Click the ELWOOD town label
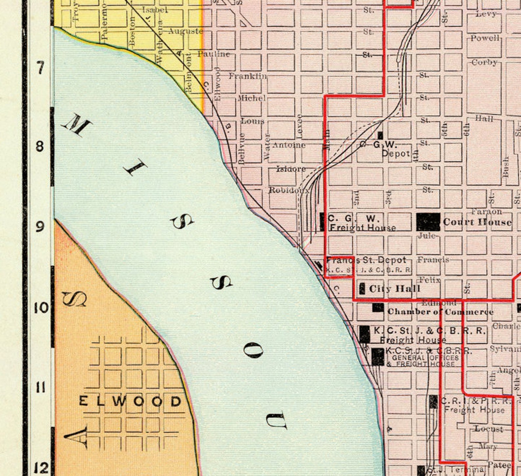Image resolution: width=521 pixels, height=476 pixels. [x=130, y=401]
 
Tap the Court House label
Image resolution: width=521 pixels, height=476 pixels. [x=477, y=222]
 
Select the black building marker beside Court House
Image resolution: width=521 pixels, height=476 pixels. [x=428, y=222]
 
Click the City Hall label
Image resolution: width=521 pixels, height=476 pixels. [x=394, y=289]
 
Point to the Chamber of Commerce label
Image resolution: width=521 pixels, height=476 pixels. [x=440, y=312]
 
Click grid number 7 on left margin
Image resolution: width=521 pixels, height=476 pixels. [x=40, y=68]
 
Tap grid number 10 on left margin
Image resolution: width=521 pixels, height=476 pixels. [x=41, y=308]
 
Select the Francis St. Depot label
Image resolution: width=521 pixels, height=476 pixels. [x=366, y=261]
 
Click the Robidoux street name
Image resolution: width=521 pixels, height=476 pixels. [x=289, y=190]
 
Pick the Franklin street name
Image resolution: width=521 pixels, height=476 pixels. [x=248, y=76]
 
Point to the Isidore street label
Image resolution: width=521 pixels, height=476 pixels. [x=291, y=169]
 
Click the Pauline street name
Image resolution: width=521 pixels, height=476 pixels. [x=214, y=54]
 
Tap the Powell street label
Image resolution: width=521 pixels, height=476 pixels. [x=485, y=38]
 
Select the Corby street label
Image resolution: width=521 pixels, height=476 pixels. [x=485, y=62]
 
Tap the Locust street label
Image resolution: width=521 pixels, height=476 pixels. [x=488, y=429]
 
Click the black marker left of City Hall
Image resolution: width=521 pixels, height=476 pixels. [x=362, y=288]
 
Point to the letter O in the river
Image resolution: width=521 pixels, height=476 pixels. [x=253, y=351]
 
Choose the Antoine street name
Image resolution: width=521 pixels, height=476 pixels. [x=289, y=145]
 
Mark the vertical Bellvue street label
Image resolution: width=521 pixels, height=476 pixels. [x=242, y=148]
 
